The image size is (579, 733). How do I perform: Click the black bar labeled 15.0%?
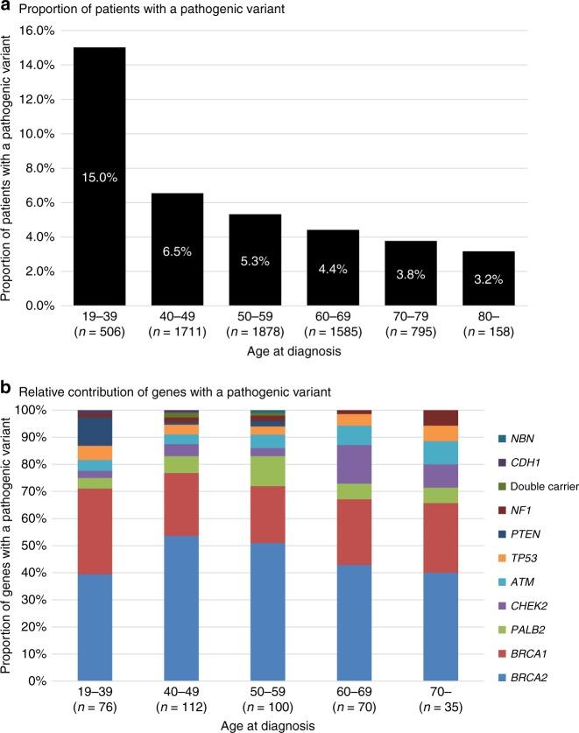pyautogui.click(x=99, y=175)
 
